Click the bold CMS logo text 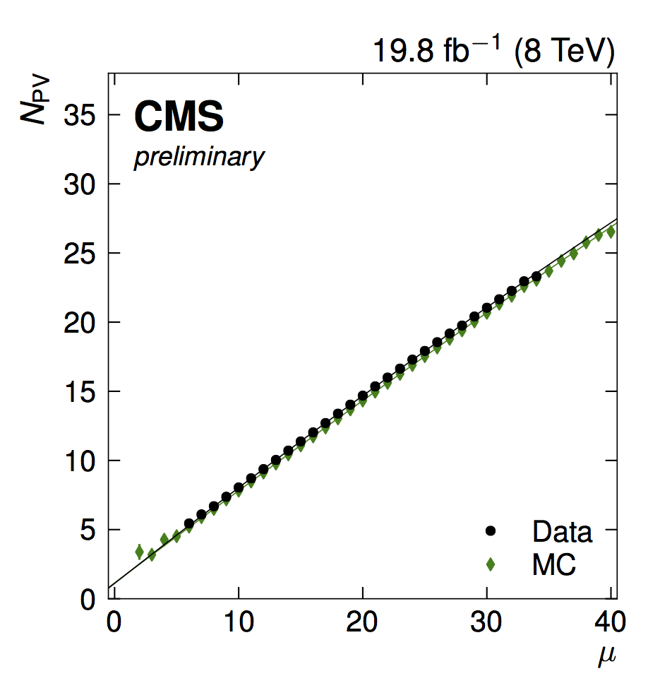point(179,117)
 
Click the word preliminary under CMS point(199,158)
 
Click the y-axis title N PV point(35,100)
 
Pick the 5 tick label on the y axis point(88,530)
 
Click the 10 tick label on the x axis point(239,624)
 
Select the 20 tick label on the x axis point(363,624)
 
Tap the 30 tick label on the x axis point(486,624)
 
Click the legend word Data point(563,530)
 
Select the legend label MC point(554,564)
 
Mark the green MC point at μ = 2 point(139,551)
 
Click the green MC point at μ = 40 point(611,231)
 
